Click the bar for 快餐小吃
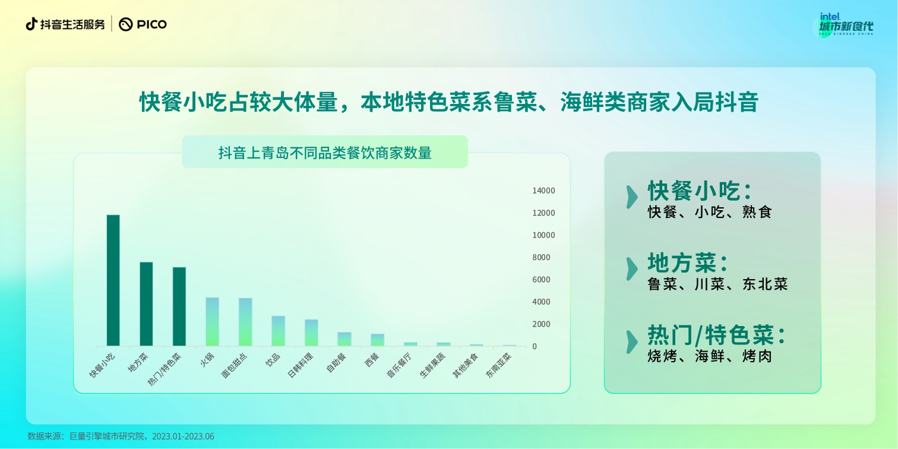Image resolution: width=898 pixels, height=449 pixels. point(113,280)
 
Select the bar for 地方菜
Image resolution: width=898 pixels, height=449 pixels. point(146,304)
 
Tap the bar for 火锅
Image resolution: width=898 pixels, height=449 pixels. point(213,321)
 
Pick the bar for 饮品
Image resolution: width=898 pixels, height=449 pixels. point(279,331)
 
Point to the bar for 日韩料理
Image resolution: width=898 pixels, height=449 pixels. point(311,333)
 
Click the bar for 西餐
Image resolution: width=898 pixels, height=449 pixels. point(378,340)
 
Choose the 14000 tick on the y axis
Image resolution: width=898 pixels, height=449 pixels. point(543,191)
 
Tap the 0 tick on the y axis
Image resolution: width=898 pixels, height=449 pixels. point(535,346)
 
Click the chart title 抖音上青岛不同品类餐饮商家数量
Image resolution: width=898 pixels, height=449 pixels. point(325,153)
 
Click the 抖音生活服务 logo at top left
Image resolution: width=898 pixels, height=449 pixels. point(65,24)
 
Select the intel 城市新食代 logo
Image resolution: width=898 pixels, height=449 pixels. point(846,25)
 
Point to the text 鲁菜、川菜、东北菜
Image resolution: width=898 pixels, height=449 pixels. point(717,284)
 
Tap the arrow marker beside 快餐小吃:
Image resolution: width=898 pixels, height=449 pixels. point(632,197)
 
